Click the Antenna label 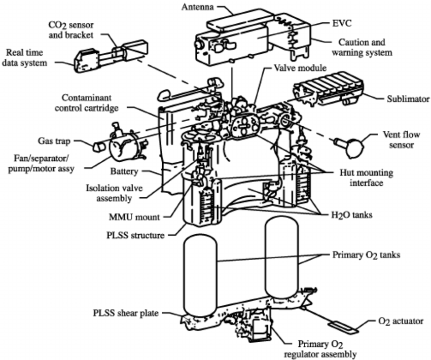(197, 7)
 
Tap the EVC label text (342, 23)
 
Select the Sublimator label (408, 99)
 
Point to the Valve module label (300, 68)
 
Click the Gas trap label (54, 141)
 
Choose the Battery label (124, 171)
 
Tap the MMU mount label (134, 217)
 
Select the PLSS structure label (135, 235)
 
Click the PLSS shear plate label (126, 313)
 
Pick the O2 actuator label (401, 321)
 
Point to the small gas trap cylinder (99, 147)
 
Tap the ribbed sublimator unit (329, 88)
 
